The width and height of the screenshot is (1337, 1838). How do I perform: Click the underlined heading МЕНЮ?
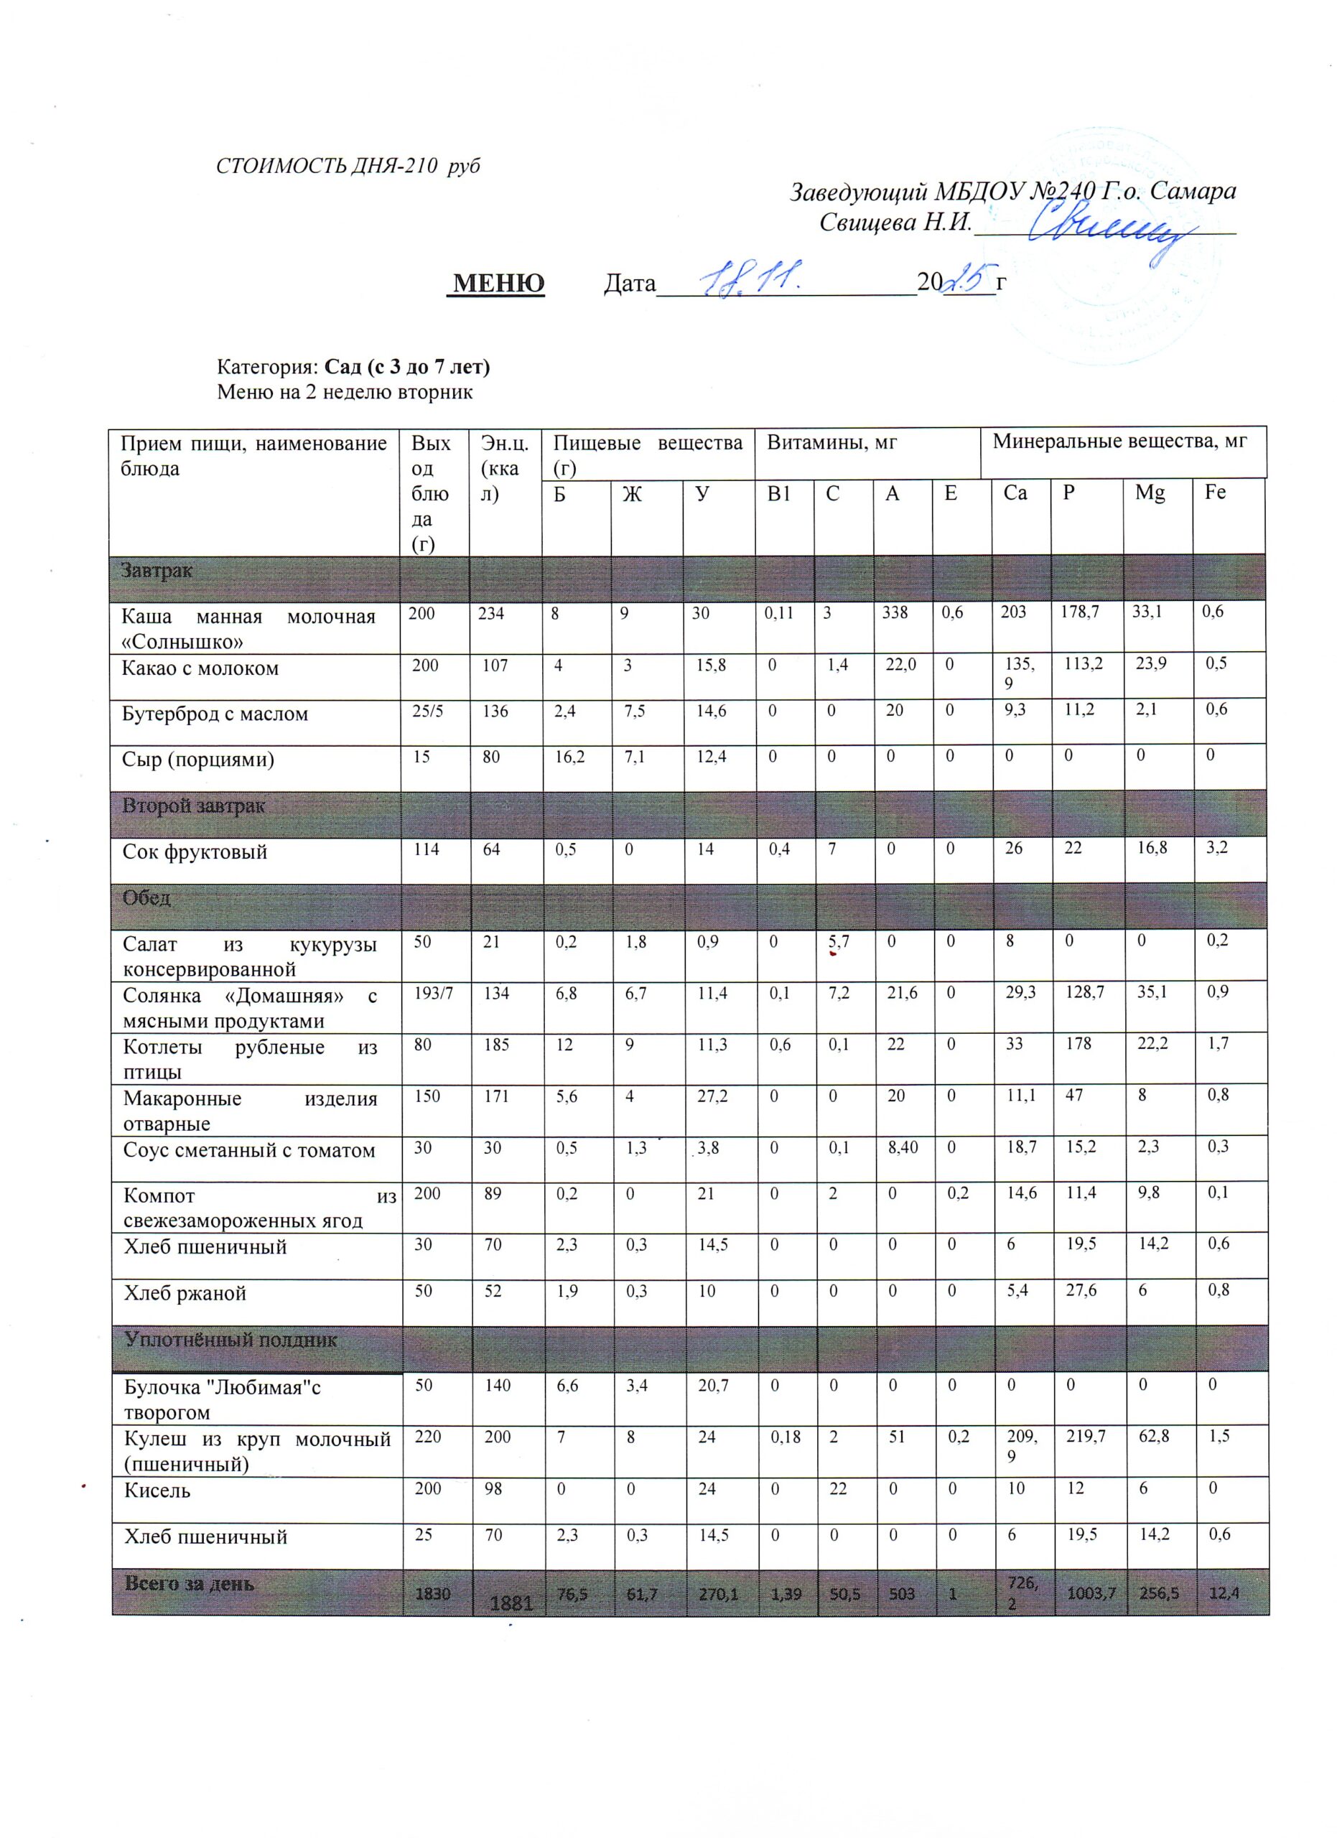point(498,283)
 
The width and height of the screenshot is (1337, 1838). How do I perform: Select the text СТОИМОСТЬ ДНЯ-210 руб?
point(348,166)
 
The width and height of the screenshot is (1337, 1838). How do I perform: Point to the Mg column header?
point(1149,492)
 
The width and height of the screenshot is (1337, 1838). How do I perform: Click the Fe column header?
point(1215,492)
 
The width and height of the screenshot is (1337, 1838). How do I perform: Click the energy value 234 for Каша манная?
point(491,613)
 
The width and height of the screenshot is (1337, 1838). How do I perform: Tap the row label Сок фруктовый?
point(195,852)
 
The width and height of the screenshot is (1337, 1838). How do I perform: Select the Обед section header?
point(146,898)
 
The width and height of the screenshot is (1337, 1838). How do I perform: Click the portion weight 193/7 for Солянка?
point(427,994)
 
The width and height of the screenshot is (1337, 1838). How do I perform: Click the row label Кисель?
point(157,1491)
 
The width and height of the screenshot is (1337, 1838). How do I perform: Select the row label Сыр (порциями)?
point(197,760)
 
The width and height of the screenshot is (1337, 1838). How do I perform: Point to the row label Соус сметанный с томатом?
point(248,1151)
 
